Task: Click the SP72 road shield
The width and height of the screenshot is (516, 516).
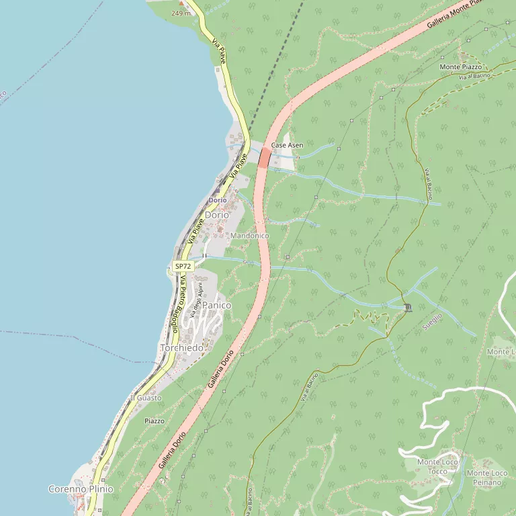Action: tap(183, 267)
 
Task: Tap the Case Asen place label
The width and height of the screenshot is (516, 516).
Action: tap(287, 145)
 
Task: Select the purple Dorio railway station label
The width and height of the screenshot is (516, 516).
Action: tap(217, 200)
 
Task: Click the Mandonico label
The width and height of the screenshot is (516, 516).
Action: tap(249, 236)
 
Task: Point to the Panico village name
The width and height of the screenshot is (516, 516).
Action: tap(216, 305)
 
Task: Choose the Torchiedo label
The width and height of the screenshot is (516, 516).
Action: tap(181, 348)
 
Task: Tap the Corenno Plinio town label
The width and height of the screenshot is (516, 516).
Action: tap(81, 489)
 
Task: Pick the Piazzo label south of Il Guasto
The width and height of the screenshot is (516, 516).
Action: tap(155, 421)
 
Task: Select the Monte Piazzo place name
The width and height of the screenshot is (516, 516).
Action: tap(461, 67)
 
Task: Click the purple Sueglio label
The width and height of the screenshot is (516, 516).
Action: tap(432, 321)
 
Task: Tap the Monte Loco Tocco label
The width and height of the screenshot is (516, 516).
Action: tap(437, 466)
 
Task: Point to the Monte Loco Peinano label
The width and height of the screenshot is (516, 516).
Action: tap(487, 478)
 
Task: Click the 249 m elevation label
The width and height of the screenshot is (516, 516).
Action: tap(181, 13)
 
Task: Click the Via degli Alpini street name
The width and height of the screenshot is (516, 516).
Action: tap(196, 300)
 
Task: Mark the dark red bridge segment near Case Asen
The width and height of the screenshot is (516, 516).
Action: tap(265, 158)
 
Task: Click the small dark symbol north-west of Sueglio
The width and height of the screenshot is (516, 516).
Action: tap(408, 308)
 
